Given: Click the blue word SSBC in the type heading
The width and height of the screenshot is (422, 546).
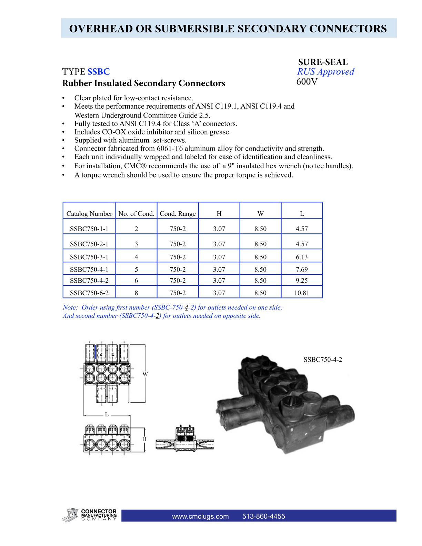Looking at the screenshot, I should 99,72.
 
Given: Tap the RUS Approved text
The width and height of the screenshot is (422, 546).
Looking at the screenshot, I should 325,72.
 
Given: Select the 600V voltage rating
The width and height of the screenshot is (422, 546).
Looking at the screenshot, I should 307,82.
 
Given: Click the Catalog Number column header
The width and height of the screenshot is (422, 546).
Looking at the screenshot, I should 89,214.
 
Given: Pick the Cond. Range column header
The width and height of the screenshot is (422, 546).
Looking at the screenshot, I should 178,214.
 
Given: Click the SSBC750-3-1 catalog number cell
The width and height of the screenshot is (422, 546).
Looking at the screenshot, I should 89,257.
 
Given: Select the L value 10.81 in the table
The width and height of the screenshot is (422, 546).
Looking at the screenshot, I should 302,293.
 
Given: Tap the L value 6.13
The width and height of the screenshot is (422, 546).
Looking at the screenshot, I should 302,257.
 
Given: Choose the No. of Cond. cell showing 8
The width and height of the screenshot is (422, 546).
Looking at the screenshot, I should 136,293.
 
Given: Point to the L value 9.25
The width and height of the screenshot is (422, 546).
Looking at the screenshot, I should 302,281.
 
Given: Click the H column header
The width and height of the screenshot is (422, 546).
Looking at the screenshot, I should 219,214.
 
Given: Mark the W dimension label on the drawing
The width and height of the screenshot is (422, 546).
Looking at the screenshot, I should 145,374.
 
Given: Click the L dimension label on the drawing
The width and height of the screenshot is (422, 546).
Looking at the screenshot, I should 107,414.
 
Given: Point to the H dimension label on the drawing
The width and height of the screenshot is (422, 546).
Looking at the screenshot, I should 144,439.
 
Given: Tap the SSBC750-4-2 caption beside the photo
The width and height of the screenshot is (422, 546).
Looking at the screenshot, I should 323,360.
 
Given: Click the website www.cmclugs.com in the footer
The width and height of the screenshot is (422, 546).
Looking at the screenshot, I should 200,516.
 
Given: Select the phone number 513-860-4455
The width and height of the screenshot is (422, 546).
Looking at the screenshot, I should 264,516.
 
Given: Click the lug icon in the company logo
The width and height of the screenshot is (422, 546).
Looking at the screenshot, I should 71,515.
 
